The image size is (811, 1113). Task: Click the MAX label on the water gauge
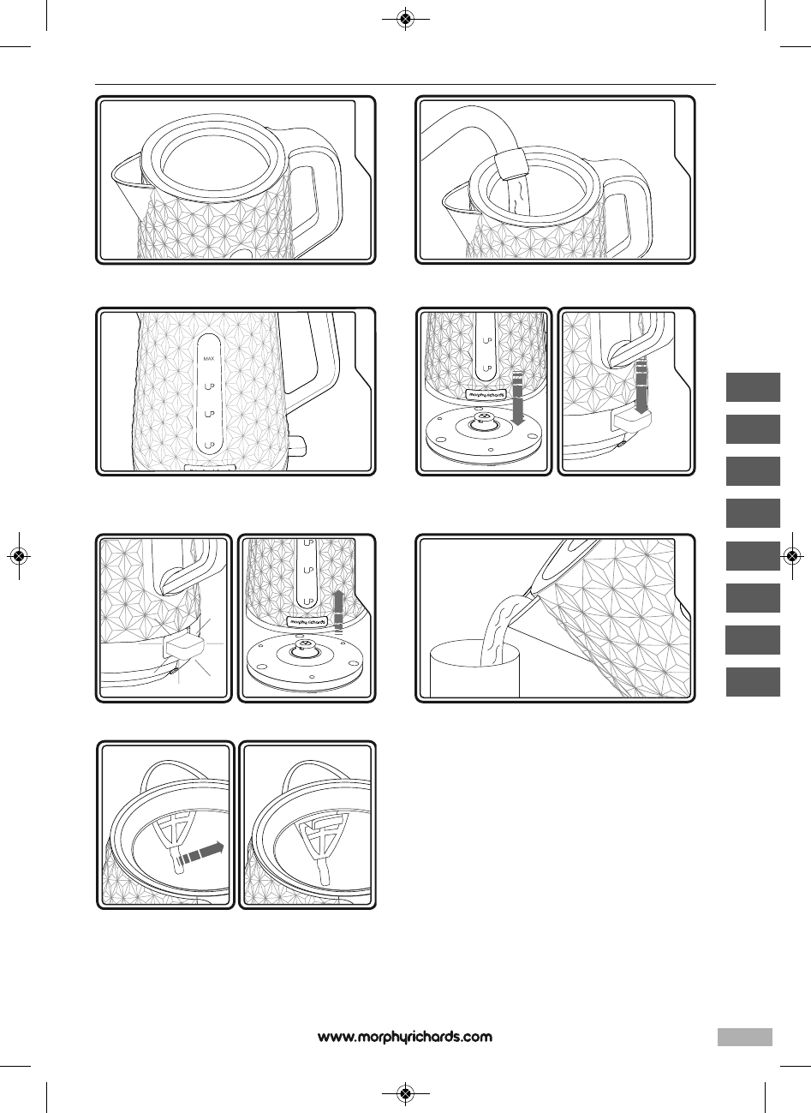[209, 358]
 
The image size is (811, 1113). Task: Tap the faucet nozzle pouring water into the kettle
[511, 163]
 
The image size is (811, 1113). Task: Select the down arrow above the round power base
[518, 398]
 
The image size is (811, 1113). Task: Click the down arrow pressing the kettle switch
[641, 386]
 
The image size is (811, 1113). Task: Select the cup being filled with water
[474, 669]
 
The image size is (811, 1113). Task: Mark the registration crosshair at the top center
[406, 19]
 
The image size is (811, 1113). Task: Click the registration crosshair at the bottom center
[406, 1093]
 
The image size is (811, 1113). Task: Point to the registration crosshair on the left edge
[19, 555]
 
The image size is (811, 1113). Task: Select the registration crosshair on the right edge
[792, 555]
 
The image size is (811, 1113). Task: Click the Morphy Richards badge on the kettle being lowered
[486, 394]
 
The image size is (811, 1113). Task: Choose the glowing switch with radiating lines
[183, 646]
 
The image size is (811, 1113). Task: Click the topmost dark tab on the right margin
[753, 387]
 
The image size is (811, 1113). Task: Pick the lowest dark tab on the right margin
[753, 682]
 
